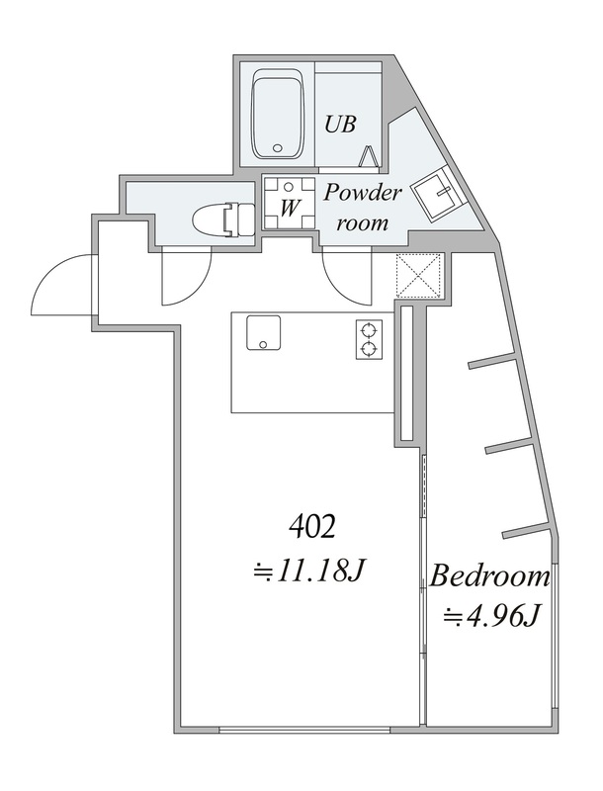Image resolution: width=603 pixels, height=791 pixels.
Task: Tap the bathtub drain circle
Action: [276, 148]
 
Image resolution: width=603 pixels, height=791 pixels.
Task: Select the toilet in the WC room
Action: [221, 220]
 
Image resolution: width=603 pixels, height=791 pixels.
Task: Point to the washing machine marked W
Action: [289, 203]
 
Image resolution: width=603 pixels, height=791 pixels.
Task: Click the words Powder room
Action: [362, 207]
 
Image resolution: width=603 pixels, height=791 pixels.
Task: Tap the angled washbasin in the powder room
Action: [438, 195]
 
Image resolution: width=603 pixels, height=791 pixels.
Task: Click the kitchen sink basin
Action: [263, 332]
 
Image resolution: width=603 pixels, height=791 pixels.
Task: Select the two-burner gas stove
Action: [370, 339]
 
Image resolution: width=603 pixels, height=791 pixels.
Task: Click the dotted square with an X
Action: [419, 275]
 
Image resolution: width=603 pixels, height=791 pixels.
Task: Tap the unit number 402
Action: [312, 528]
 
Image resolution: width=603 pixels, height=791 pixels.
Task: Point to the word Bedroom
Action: [488, 575]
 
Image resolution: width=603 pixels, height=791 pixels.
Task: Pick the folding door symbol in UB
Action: [370, 157]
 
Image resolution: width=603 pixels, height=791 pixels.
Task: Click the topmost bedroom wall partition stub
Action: [492, 362]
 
